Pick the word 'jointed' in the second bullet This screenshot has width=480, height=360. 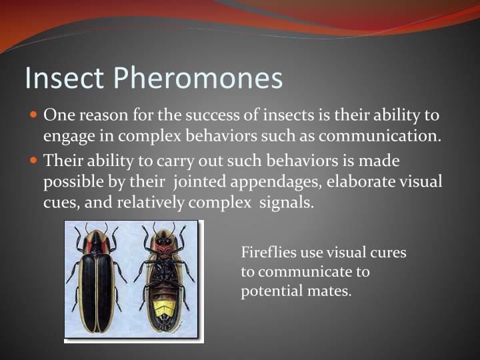(198, 182)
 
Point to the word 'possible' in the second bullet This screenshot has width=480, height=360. (69, 183)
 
